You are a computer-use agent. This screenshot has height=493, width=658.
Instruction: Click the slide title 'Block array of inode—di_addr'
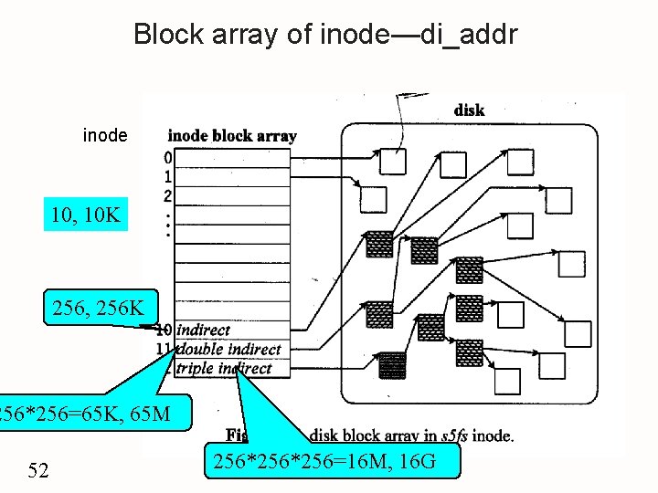click(325, 35)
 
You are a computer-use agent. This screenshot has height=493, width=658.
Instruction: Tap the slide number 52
click(38, 470)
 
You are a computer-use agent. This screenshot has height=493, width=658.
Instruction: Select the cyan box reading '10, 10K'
click(87, 216)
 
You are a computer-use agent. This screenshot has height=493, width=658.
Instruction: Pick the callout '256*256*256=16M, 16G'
click(337, 462)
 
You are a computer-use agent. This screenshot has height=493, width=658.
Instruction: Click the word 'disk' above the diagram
click(469, 110)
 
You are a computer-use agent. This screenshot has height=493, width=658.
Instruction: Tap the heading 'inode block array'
click(232, 136)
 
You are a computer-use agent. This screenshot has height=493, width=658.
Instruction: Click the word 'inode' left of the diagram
click(105, 136)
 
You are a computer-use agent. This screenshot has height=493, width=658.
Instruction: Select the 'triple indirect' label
click(223, 369)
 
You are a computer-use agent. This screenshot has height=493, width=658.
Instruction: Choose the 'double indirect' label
click(228, 350)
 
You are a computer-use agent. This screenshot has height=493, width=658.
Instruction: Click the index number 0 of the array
click(167, 158)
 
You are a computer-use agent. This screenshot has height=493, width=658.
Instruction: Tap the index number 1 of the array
click(167, 176)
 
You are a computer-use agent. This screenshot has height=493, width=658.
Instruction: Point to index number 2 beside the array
click(167, 195)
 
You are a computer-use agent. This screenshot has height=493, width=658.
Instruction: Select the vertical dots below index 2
click(167, 224)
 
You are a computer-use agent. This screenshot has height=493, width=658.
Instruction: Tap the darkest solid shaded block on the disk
click(392, 365)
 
